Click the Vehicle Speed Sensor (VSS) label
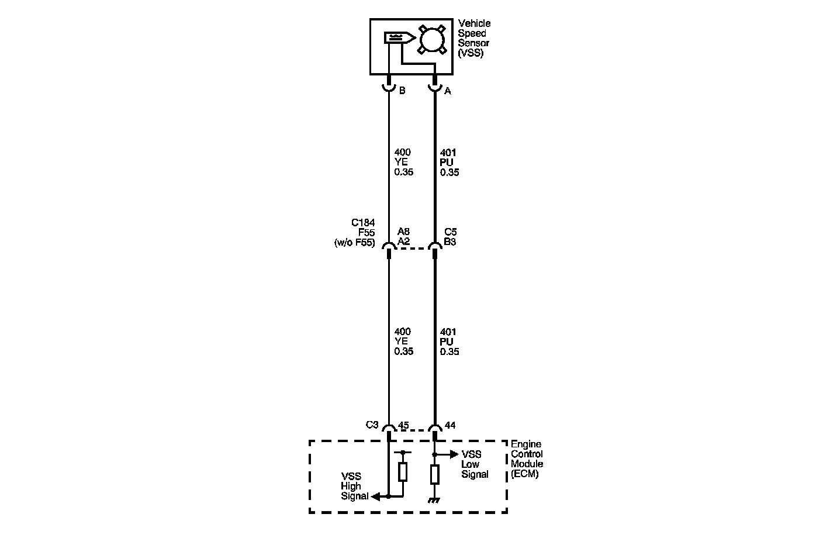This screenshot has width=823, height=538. [x=474, y=38]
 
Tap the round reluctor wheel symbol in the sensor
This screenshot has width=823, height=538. [x=432, y=39]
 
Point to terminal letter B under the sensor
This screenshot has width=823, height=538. [x=402, y=91]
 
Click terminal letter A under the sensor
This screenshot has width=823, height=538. [x=448, y=91]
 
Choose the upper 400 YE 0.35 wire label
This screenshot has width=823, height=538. [x=403, y=163]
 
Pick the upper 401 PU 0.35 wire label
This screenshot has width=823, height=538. [x=449, y=163]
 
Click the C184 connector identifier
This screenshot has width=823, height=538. [x=363, y=223]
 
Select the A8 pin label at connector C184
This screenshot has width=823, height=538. [x=403, y=232]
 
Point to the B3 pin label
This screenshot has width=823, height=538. [x=450, y=242]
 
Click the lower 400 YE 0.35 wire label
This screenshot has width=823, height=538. [x=403, y=342]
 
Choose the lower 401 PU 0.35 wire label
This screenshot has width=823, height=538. [x=449, y=342]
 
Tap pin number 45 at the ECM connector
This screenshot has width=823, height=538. [x=403, y=426]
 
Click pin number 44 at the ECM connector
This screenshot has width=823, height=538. [x=450, y=426]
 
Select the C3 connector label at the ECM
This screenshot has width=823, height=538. [x=372, y=425]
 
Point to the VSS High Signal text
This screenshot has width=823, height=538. [x=354, y=487]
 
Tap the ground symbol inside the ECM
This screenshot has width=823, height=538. [x=434, y=500]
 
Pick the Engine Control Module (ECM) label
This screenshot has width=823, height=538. [x=527, y=459]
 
